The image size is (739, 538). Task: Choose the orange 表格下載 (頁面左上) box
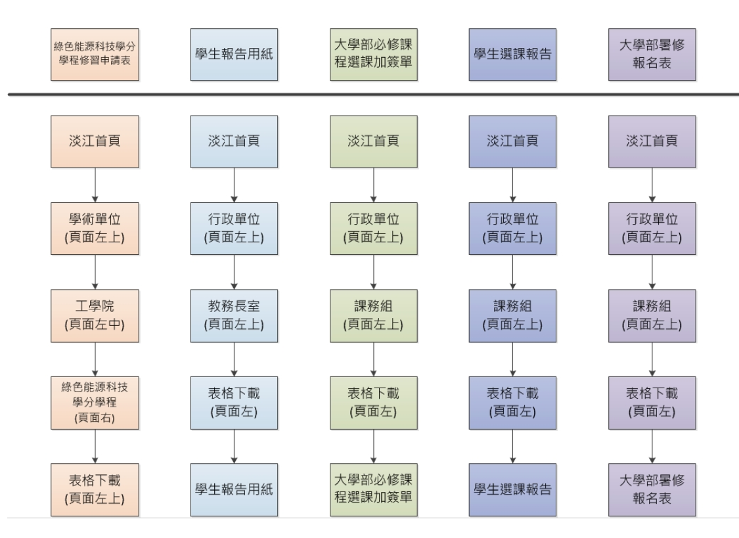coord(96,487)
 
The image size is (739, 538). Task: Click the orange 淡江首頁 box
coord(96,141)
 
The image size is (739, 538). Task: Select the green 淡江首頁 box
coord(374,141)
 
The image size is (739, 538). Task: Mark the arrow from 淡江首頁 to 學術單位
coord(96,184)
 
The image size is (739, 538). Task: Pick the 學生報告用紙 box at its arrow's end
coord(235,487)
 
